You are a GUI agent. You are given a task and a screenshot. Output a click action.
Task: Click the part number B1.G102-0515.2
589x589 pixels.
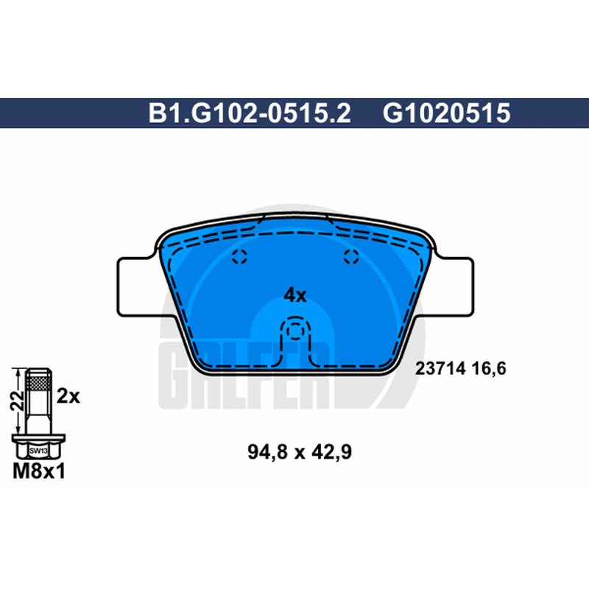(250, 113)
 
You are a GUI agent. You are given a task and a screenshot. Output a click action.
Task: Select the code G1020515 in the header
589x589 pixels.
(446, 113)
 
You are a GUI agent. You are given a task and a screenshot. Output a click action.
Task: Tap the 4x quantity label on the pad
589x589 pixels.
(295, 295)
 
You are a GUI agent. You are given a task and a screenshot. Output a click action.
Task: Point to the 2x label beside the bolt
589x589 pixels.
(68, 396)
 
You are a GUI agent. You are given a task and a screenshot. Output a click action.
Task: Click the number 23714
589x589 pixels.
(440, 369)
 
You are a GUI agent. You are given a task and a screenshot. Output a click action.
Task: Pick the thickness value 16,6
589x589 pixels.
(489, 369)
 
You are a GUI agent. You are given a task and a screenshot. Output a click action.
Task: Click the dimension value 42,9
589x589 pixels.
(332, 452)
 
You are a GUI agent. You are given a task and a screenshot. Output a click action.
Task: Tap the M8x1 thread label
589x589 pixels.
(39, 471)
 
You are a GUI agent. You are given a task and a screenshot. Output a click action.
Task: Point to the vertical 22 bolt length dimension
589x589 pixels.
(17, 401)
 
